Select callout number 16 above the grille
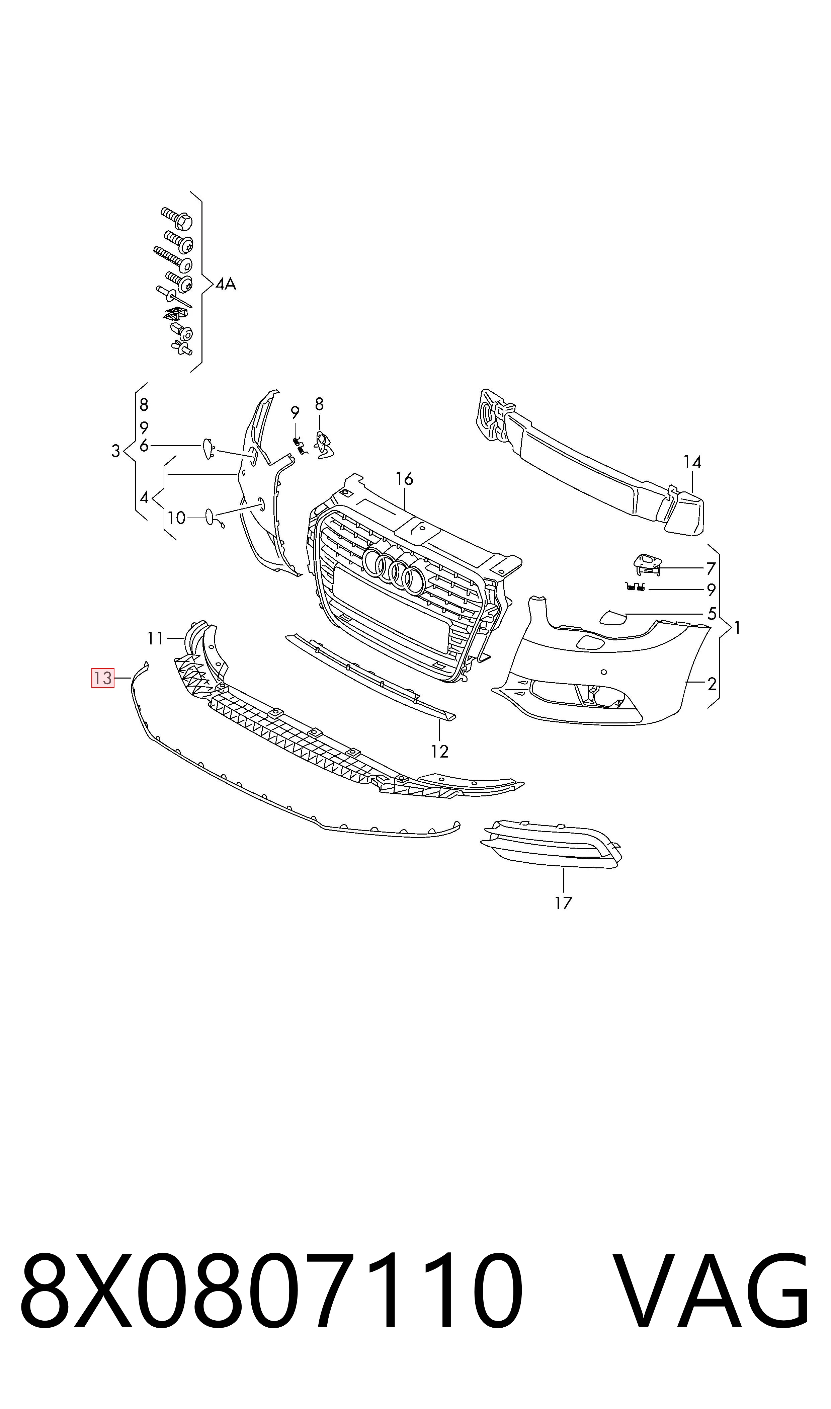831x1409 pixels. pos(404,479)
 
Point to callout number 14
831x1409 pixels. pos(692,462)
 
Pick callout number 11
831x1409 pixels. pos(155,638)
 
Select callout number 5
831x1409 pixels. pos(712,614)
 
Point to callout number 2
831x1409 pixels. pos(712,684)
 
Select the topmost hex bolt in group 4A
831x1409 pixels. pos(176,218)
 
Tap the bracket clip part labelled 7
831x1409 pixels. pos(647,564)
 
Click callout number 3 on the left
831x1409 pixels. pos(115,451)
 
